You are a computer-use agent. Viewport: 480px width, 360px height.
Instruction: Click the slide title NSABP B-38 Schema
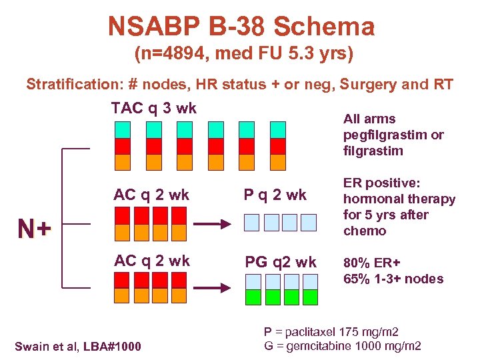(x=241, y=27)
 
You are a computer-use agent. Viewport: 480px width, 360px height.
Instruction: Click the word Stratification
(x=73, y=85)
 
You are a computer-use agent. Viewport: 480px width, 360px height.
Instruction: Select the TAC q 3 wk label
(x=153, y=109)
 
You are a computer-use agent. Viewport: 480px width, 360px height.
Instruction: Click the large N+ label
(x=35, y=229)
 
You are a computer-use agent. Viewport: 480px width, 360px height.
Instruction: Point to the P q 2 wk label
(x=275, y=195)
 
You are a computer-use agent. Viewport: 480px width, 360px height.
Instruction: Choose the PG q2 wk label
(x=280, y=262)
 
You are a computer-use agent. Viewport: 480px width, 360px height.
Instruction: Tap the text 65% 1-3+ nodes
(x=393, y=279)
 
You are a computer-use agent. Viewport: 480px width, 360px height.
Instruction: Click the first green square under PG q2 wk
(x=253, y=297)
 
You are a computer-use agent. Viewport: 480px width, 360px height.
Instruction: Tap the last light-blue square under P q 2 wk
(x=309, y=223)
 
